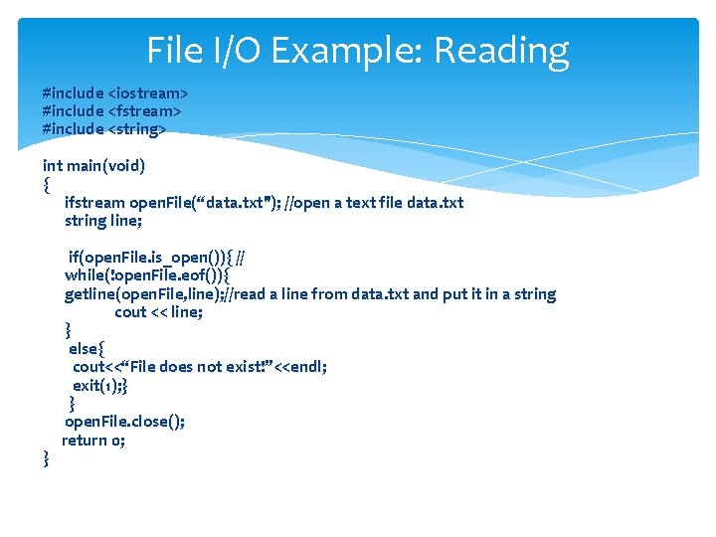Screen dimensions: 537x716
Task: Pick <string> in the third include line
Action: (137, 128)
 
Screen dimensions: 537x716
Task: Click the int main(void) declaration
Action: (93, 165)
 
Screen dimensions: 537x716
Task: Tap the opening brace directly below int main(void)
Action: (46, 184)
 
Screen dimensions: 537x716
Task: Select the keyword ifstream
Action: (93, 202)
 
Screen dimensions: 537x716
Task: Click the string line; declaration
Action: (103, 220)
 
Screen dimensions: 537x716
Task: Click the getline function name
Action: (90, 293)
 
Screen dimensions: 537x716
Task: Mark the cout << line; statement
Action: (159, 311)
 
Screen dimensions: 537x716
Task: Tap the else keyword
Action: (84, 348)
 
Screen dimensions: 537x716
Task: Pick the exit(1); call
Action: (96, 385)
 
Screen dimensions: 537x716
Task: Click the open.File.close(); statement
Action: (124, 421)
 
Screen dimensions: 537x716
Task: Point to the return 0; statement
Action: (93, 440)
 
